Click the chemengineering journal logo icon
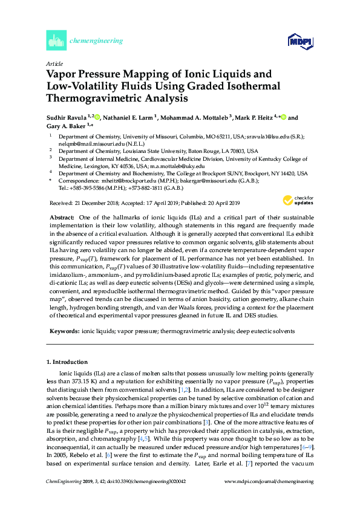click(56, 41)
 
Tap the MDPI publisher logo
click(299, 41)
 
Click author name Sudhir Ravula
click(64, 117)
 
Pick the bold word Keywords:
click(64, 331)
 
